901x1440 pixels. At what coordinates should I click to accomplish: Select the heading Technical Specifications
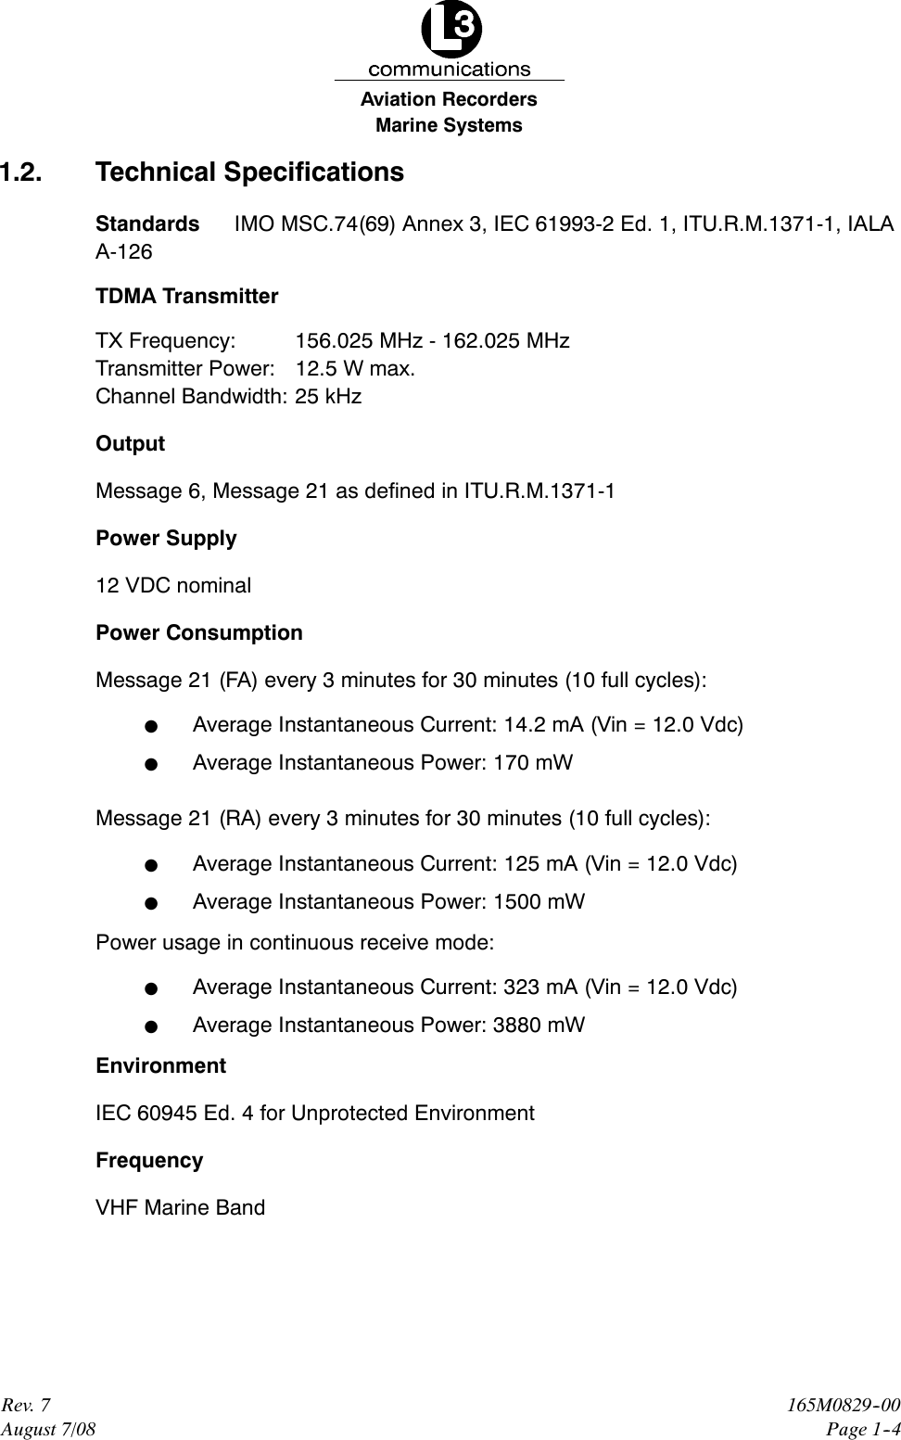[x=249, y=172]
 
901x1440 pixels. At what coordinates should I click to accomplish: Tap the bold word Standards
[x=147, y=224]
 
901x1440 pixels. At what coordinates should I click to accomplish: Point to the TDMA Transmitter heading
[x=186, y=297]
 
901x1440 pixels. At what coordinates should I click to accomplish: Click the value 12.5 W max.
[x=355, y=369]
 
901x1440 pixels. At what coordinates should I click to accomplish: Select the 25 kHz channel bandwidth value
[x=328, y=397]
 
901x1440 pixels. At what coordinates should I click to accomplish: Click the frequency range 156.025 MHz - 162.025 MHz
[x=432, y=341]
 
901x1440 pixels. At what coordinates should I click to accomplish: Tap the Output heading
[x=130, y=444]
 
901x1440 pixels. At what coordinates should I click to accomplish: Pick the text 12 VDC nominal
[x=173, y=586]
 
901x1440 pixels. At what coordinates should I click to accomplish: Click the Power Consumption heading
[x=199, y=633]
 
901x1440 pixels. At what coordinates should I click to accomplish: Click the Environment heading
[x=160, y=1066]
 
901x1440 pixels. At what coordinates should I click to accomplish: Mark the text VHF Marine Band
[x=180, y=1208]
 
